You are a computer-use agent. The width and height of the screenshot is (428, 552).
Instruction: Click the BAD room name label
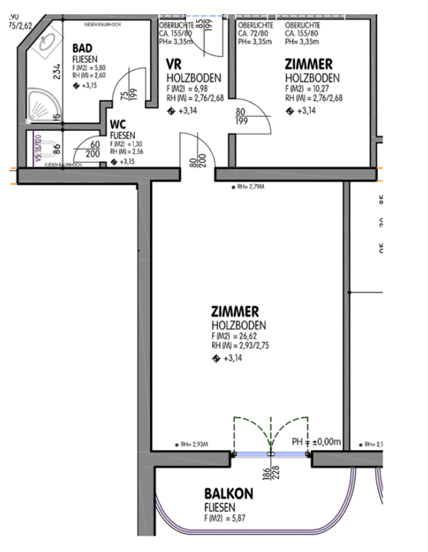(83, 48)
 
